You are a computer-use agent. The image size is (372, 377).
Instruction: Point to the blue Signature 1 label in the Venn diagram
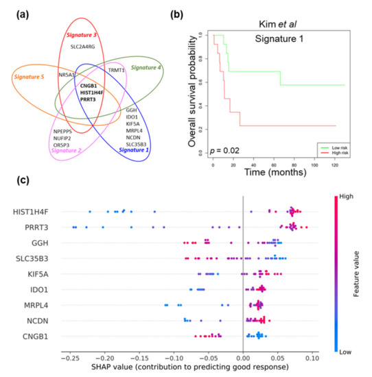click(x=143, y=149)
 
